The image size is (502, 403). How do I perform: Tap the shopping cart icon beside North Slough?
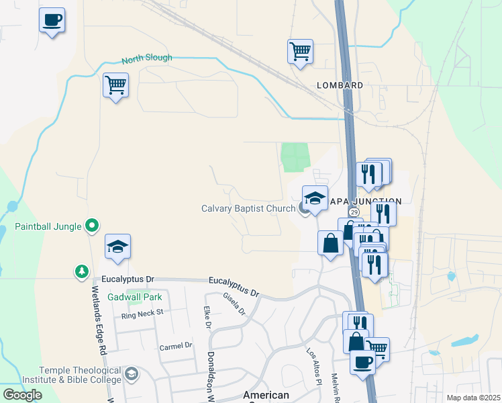(116, 85)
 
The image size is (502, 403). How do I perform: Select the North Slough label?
(146, 58)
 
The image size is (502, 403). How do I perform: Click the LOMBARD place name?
(340, 85)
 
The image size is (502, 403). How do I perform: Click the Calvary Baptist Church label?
(248, 208)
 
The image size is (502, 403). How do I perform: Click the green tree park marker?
(81, 271)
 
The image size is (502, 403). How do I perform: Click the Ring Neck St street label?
(142, 314)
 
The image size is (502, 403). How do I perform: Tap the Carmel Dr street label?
(175, 345)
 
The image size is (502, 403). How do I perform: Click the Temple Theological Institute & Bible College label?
(80, 375)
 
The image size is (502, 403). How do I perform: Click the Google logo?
(22, 395)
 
